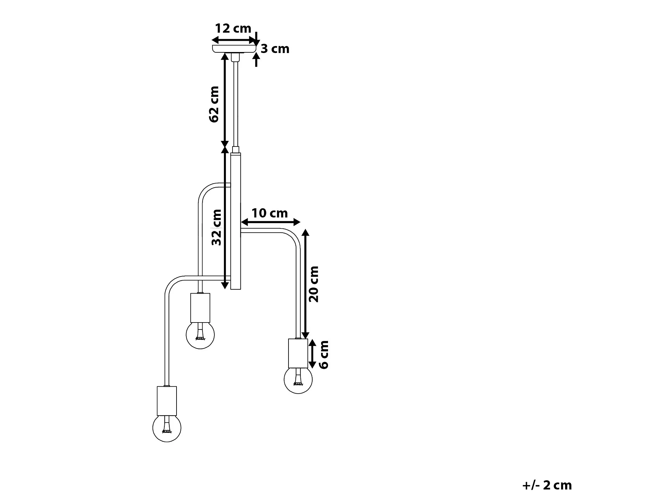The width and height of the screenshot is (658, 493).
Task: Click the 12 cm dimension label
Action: [x=233, y=29]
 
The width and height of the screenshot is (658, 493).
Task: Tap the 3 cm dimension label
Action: [x=275, y=49]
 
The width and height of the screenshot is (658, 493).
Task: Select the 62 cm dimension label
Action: [x=214, y=104]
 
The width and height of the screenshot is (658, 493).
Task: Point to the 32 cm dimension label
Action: [x=216, y=227]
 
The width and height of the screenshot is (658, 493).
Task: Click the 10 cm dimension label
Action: [x=269, y=213]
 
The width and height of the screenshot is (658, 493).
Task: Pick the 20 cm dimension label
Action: [x=314, y=284]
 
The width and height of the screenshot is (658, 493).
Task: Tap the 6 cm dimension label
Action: [x=324, y=354]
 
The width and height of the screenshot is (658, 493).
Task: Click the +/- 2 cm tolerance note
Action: [x=547, y=485]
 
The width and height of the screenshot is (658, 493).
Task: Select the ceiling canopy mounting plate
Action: [x=234, y=49]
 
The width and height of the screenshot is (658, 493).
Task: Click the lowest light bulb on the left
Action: [x=167, y=428]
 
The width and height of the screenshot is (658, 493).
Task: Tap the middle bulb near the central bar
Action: [x=200, y=335]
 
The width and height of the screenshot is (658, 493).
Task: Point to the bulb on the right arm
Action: [x=298, y=379]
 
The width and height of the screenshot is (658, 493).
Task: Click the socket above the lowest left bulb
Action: [x=167, y=401]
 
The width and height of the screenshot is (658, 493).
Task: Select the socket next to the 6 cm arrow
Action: [x=298, y=353]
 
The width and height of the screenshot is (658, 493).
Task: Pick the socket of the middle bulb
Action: [x=200, y=308]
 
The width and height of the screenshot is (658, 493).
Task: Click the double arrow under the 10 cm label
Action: [x=270, y=222]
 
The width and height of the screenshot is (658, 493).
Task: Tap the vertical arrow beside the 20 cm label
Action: [x=306, y=284]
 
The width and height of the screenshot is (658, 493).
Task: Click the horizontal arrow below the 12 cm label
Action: [x=234, y=40]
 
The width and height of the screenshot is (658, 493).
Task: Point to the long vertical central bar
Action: [x=235, y=221]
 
